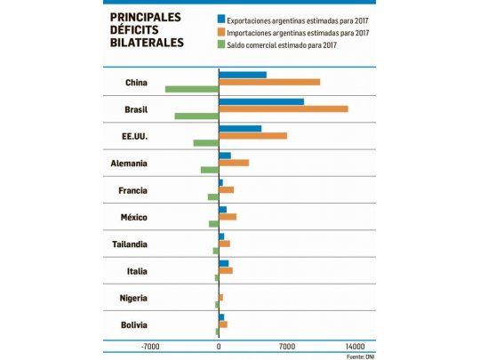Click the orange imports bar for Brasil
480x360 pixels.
pos(284,108)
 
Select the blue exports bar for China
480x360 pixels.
pos(243,75)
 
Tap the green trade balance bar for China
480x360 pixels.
pos(192,89)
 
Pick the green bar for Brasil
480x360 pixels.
pos(196,116)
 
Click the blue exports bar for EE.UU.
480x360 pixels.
pos(240,128)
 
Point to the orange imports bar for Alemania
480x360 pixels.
pos(234,163)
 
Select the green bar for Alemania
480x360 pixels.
pos(210,170)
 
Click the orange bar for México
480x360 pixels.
pos(228,217)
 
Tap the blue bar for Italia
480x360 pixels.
pos(224,263)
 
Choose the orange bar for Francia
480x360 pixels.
pos(227,189)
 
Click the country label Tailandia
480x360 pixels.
pos(130,244)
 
